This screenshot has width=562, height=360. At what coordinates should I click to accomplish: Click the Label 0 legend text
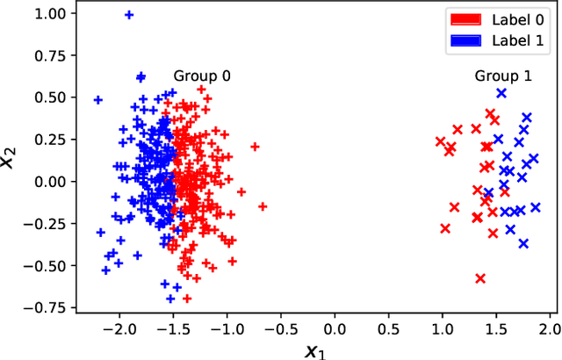pyautogui.click(x=517, y=18)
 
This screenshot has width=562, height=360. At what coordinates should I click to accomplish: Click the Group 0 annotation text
pyautogui.click(x=202, y=76)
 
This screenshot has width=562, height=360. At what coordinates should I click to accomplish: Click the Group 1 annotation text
pyautogui.click(x=503, y=76)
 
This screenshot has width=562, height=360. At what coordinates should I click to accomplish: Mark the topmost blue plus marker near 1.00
pyautogui.click(x=129, y=15)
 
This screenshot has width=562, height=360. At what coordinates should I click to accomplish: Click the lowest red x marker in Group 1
pyautogui.click(x=480, y=278)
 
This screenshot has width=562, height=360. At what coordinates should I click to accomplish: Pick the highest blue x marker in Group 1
pyautogui.click(x=501, y=93)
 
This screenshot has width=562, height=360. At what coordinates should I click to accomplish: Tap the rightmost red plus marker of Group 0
pyautogui.click(x=262, y=206)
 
